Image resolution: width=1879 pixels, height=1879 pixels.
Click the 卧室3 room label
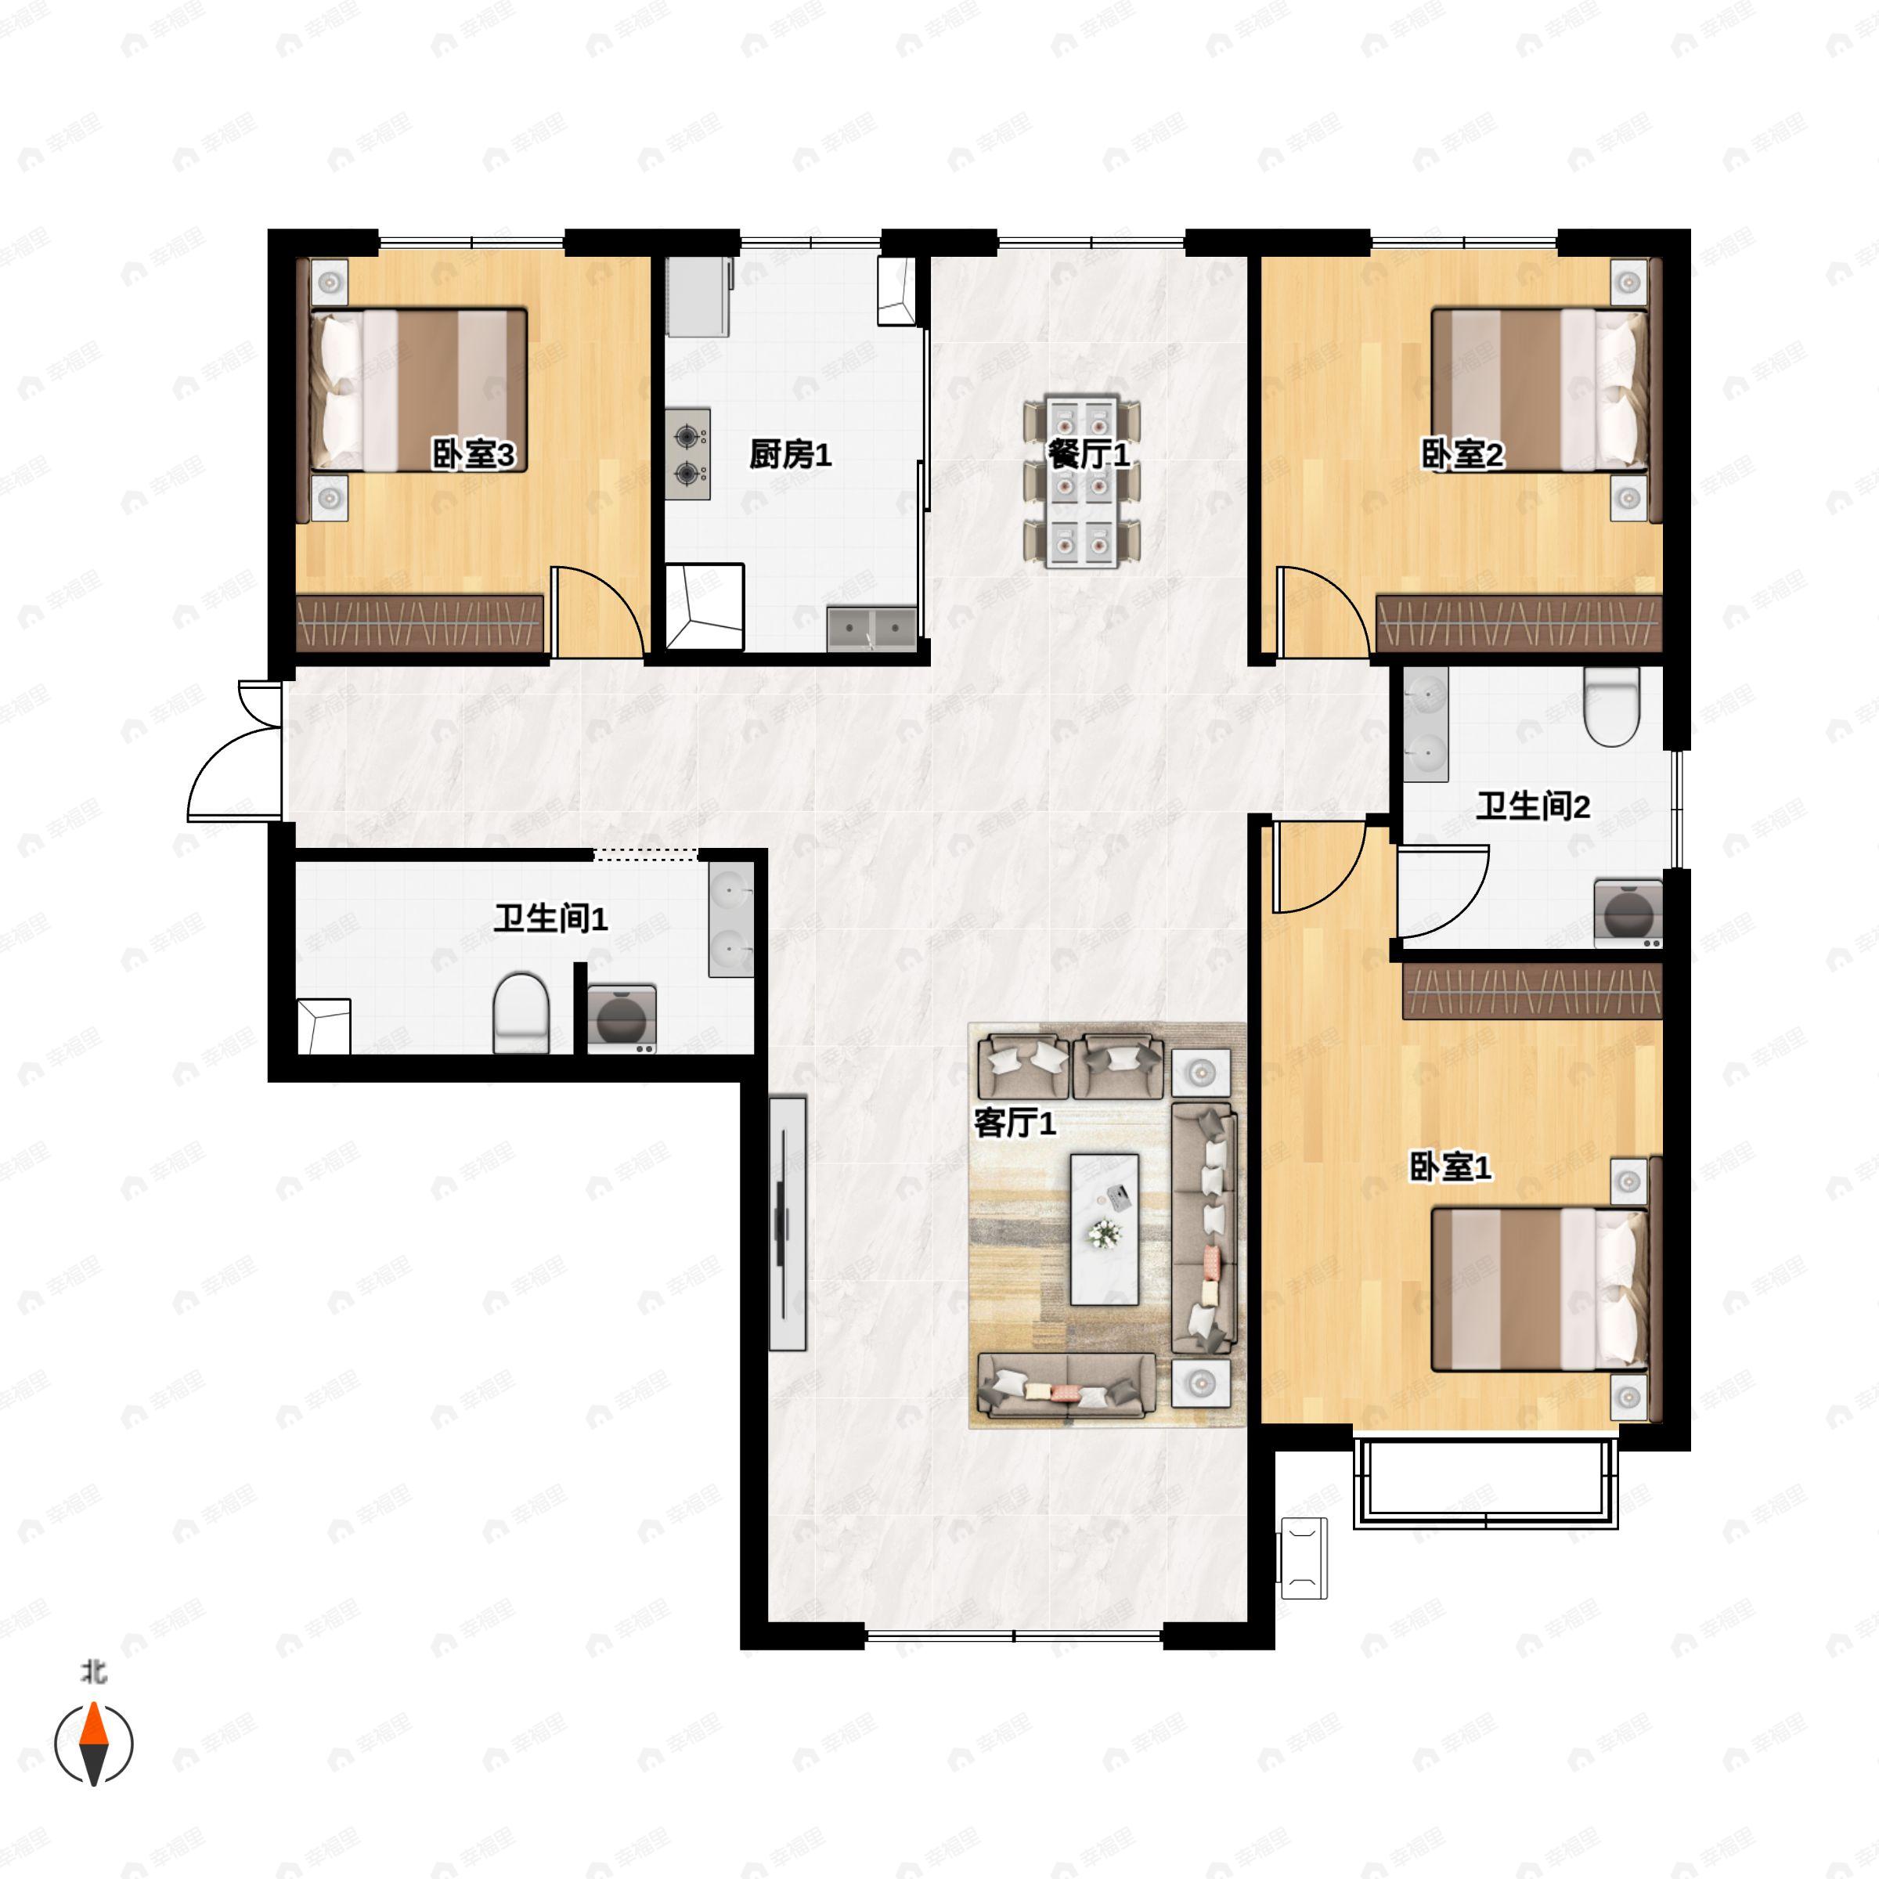(473, 454)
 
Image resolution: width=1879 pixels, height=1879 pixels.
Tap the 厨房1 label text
(790, 454)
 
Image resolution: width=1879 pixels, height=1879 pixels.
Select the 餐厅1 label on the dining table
(1088, 454)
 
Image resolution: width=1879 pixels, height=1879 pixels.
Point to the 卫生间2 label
(1533, 806)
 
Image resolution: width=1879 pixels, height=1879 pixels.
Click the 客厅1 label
(1015, 1123)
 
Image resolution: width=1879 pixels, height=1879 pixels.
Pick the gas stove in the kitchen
(687, 454)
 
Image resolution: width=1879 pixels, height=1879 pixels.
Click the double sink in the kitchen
(871, 628)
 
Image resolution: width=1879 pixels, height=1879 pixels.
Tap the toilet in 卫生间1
(522, 1013)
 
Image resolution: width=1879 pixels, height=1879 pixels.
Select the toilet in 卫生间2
(1611, 707)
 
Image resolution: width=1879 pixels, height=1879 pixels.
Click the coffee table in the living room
(1105, 1229)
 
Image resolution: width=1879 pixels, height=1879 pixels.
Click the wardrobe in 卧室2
(1519, 623)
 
